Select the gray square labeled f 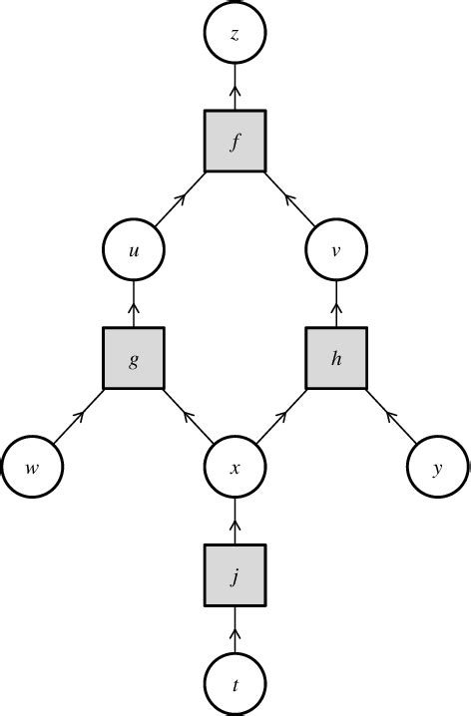(235, 141)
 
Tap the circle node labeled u (133, 250)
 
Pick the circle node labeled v (337, 250)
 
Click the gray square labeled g (133, 359)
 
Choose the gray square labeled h (337, 359)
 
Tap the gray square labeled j (235, 575)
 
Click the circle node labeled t (235, 684)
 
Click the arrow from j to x (235, 520)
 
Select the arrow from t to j (235, 629)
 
